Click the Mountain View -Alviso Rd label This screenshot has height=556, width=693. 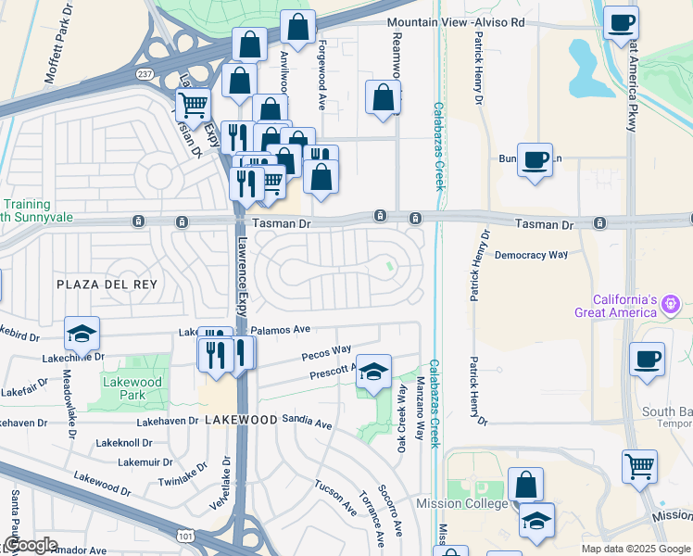coord(456,21)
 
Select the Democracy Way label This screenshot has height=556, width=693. coord(531,254)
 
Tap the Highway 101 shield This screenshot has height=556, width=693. coord(185,534)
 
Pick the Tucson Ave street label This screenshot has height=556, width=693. coord(334,498)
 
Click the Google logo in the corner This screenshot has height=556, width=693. coord(31,545)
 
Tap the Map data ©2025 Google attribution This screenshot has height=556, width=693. coord(635,549)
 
